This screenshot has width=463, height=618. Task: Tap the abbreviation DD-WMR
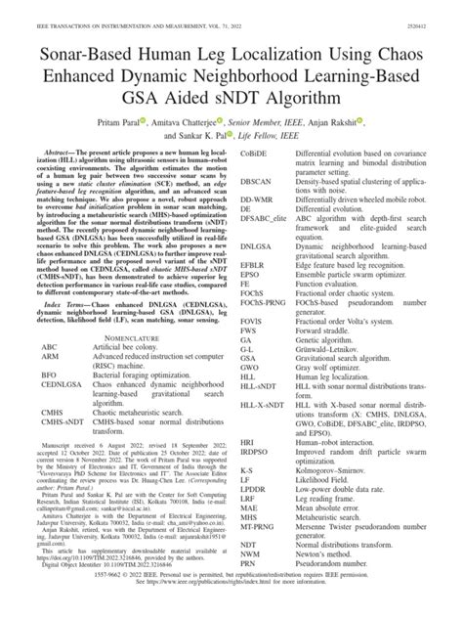(x=256, y=211)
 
